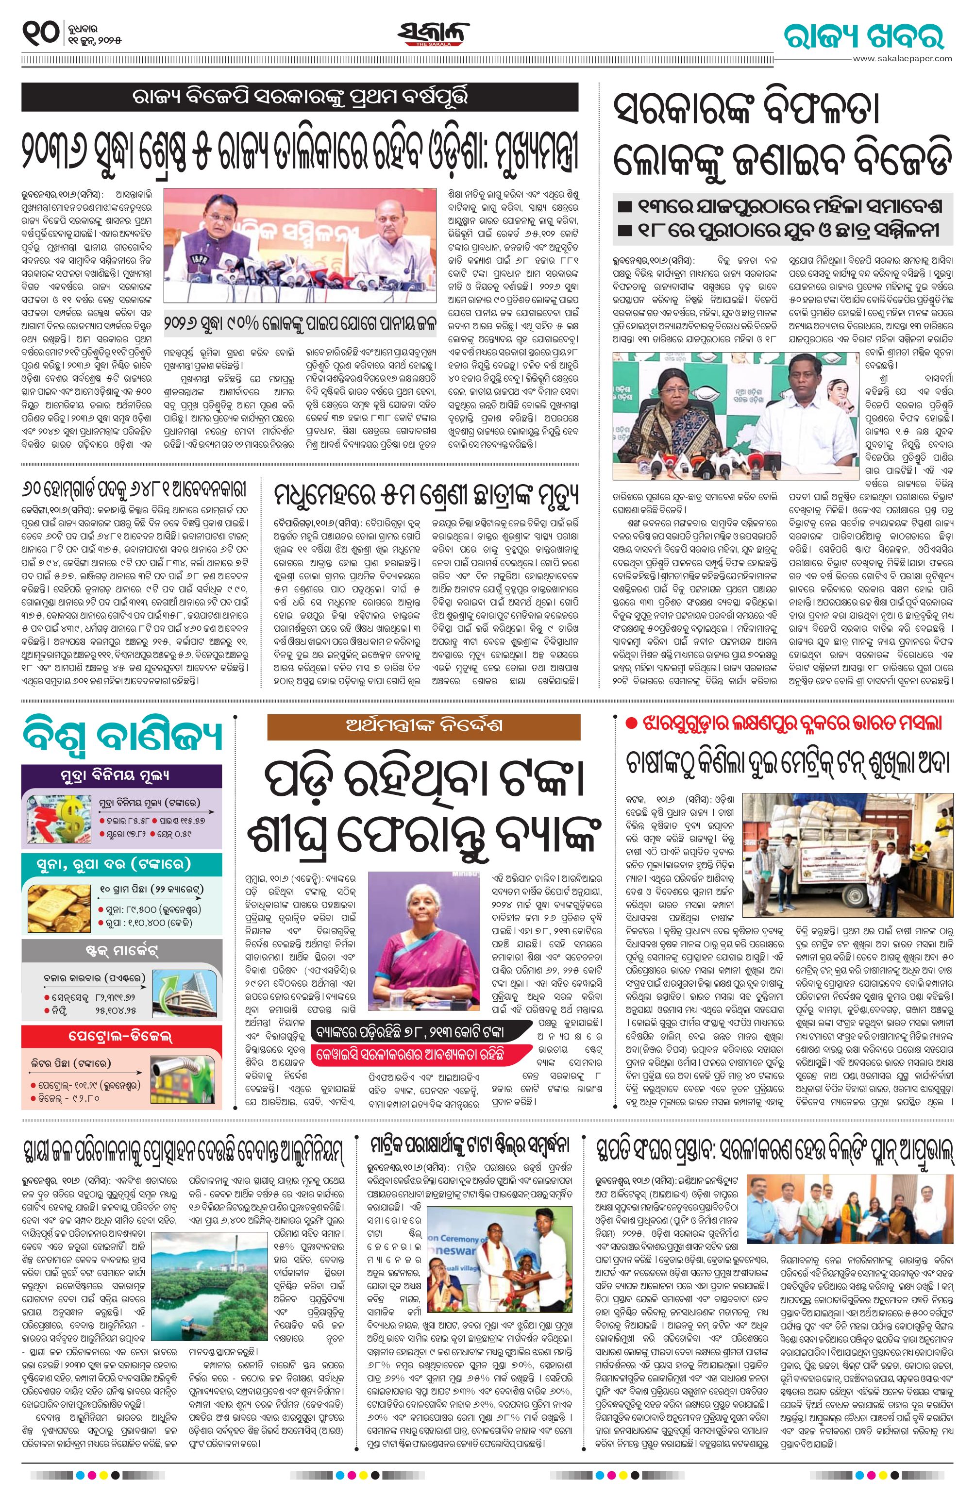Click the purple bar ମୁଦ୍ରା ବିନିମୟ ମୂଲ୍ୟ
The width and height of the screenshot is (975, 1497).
121,775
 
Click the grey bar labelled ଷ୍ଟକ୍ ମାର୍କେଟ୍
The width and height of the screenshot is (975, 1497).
121,949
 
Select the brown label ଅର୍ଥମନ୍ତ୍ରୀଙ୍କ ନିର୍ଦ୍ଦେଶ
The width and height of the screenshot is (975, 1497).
423,726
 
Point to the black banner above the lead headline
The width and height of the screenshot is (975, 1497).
300,98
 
